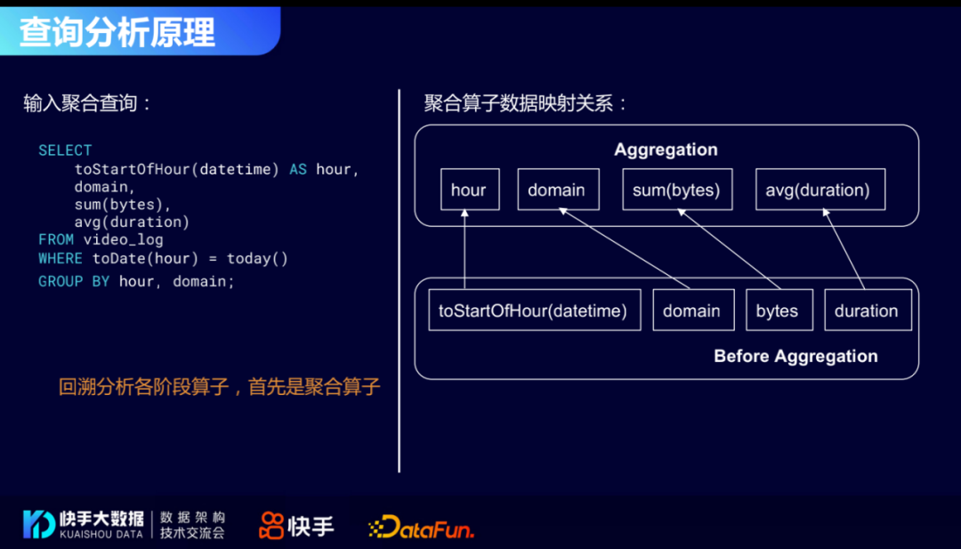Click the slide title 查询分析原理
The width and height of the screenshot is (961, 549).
[117, 32]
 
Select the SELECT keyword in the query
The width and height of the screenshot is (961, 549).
[65, 150]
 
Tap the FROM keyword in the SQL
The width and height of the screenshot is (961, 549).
[56, 239]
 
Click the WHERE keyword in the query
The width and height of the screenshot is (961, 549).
[61, 259]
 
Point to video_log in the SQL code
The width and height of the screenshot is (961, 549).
[124, 239]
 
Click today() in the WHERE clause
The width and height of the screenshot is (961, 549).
[258, 259]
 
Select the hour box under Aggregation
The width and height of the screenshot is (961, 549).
[469, 190]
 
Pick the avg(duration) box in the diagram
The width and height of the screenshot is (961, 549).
[820, 190]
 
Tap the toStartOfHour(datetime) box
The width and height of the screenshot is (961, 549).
[534, 311]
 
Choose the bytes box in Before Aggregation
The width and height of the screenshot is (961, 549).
[777, 311]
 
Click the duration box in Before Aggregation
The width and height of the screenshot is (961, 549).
[867, 311]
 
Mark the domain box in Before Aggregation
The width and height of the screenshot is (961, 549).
[692, 311]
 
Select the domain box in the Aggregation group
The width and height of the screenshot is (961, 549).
[557, 190]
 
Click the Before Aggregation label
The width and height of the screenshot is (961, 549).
[795, 357]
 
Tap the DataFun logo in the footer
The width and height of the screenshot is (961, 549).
[421, 527]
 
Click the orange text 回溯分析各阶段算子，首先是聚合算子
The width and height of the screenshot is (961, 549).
[219, 387]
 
